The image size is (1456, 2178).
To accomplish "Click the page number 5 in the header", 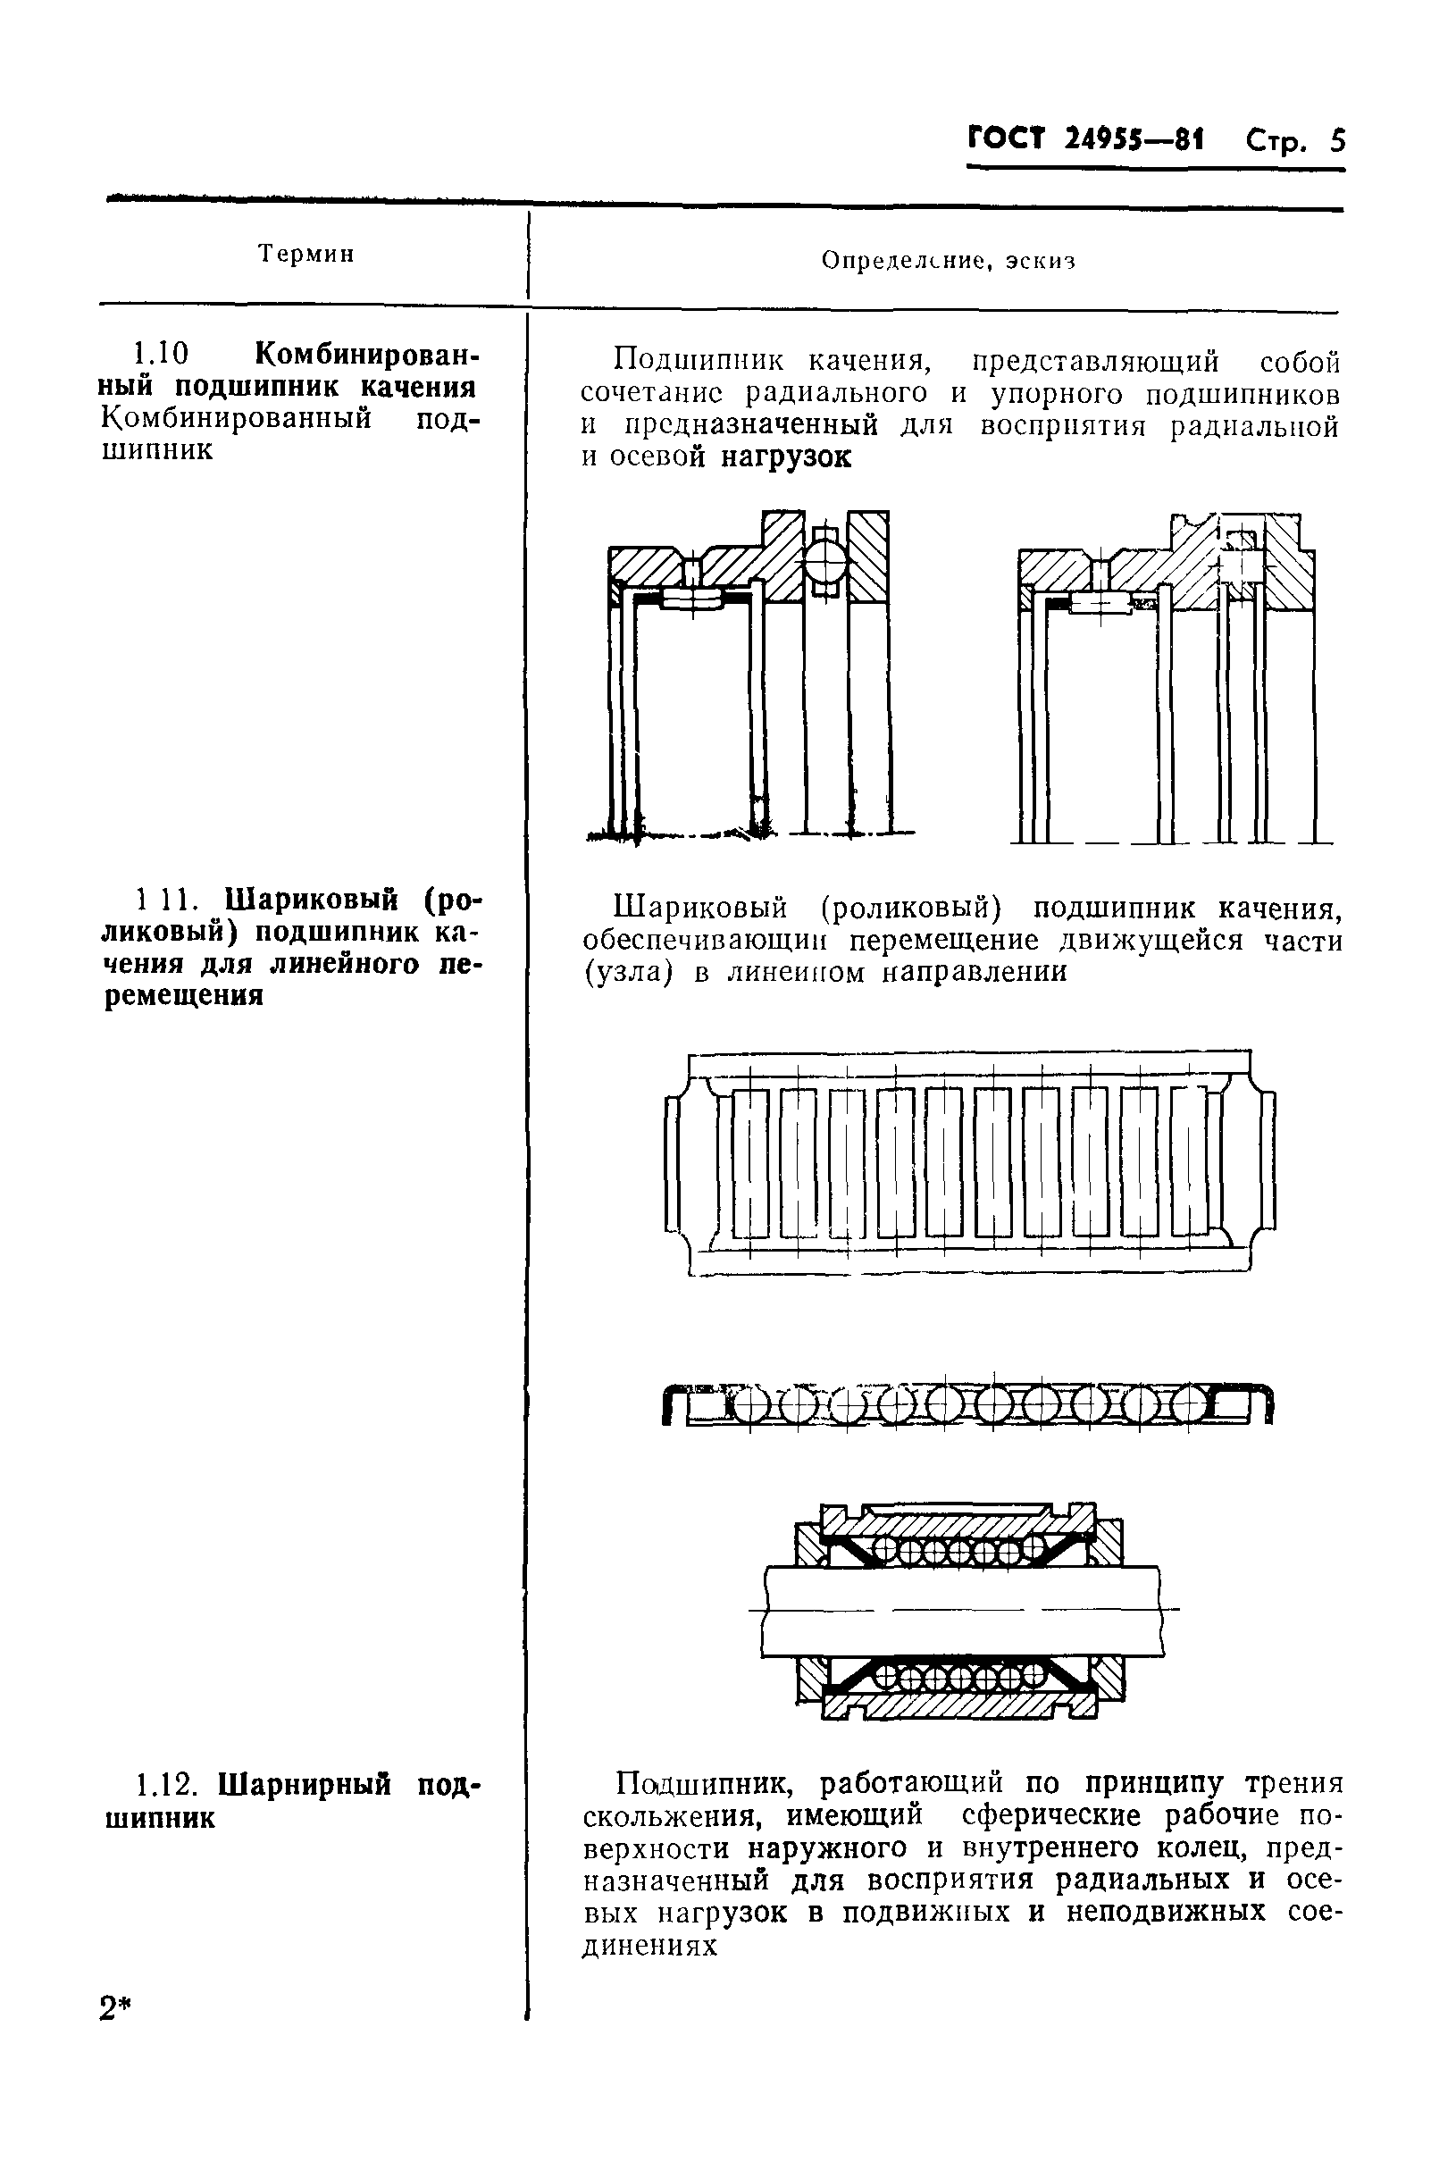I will [x=1336, y=141].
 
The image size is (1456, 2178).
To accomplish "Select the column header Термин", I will [x=306, y=254].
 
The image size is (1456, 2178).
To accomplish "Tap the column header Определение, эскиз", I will [x=947, y=262].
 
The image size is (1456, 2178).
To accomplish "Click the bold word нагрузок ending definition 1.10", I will [x=785, y=458].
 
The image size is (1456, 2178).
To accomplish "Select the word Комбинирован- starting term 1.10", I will [x=367, y=355].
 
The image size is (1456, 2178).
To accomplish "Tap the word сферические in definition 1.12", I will [x=1043, y=1815].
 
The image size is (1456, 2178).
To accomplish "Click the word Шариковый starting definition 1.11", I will [x=700, y=906].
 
